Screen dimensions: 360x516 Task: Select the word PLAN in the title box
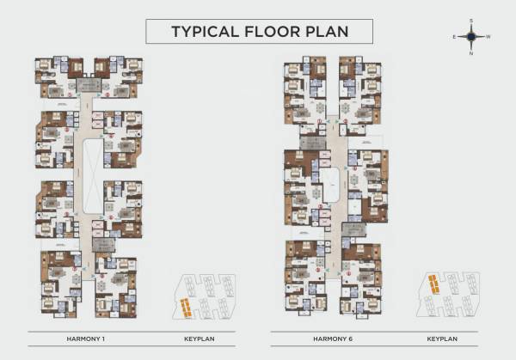(332, 33)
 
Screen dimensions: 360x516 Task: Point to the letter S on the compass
(471, 21)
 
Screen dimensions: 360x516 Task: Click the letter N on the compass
(471, 53)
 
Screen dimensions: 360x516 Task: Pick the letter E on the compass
(454, 37)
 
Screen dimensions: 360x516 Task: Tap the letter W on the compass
(488, 37)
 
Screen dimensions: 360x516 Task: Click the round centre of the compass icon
(471, 37)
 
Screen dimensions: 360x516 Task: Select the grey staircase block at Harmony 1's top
(89, 85)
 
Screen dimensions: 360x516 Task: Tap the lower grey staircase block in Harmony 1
(101, 246)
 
